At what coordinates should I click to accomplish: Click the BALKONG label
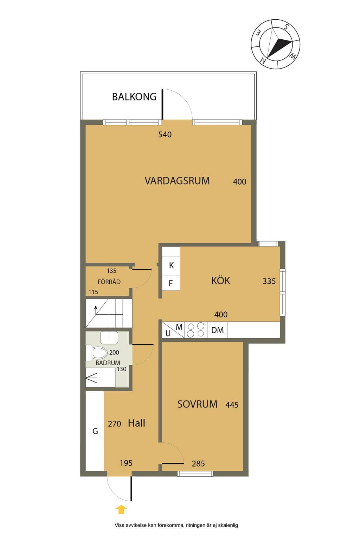click(134, 97)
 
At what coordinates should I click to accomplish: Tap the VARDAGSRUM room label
click(177, 181)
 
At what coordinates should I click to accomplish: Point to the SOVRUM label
click(197, 404)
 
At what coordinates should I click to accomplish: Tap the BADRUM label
click(108, 363)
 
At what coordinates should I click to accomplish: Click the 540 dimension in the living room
click(165, 135)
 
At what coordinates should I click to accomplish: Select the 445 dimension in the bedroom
click(232, 405)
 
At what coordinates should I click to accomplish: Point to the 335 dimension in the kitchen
click(269, 281)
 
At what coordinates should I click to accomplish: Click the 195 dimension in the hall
click(126, 463)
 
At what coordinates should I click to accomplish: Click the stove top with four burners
click(196, 330)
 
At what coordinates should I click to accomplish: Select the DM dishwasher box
click(217, 330)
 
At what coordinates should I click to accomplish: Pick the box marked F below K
click(171, 283)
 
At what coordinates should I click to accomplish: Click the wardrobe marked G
click(95, 431)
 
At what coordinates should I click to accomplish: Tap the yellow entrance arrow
click(121, 510)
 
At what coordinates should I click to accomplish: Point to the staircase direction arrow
click(96, 310)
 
